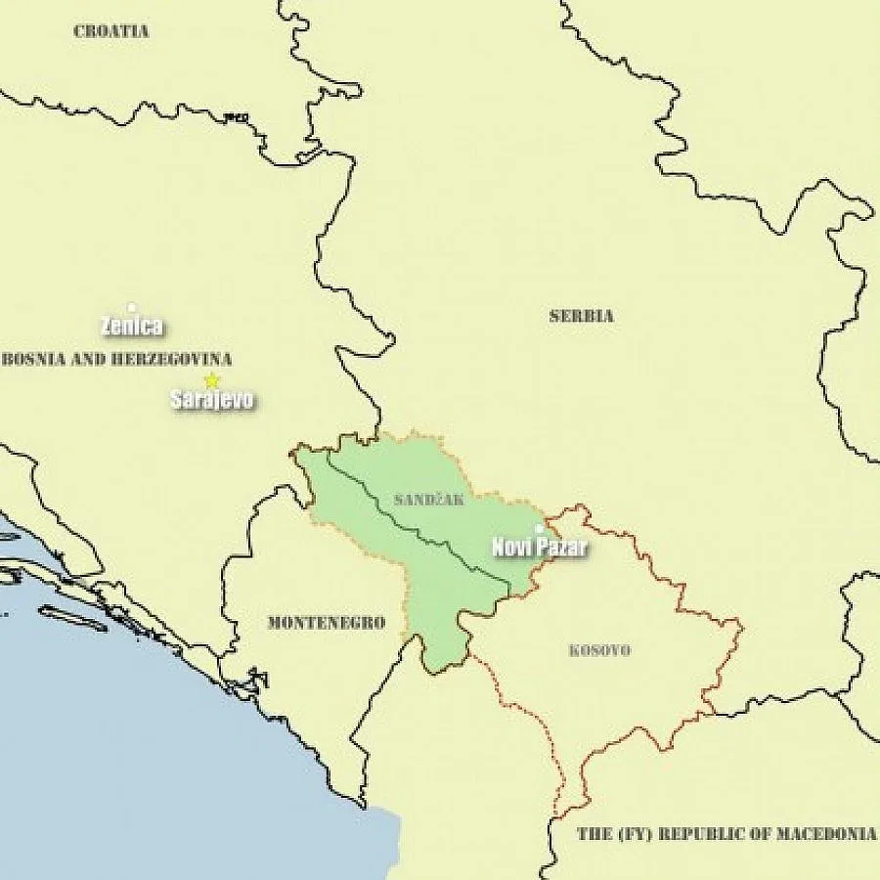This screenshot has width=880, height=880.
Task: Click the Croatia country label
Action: tap(111, 31)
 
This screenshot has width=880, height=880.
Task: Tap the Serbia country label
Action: tap(581, 316)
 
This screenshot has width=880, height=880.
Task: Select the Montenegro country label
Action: tap(326, 623)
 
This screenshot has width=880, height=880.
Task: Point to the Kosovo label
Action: tap(599, 650)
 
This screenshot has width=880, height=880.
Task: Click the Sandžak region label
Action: tap(428, 500)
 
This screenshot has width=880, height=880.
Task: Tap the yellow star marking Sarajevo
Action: tap(211, 381)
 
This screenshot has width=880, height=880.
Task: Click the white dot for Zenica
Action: tap(132, 307)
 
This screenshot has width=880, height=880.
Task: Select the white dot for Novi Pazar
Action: tap(538, 529)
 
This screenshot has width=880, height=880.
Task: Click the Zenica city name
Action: tap(132, 327)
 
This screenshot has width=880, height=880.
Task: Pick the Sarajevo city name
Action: tap(212, 400)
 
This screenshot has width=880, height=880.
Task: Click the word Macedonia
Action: tap(827, 834)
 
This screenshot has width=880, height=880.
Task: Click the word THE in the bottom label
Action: tap(593, 834)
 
